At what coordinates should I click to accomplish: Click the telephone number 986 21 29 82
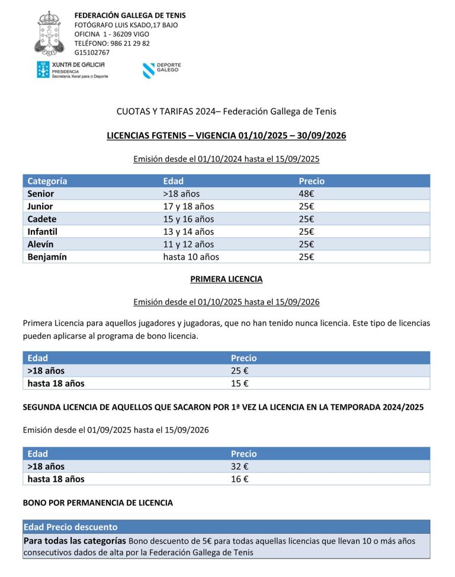pos(130,43)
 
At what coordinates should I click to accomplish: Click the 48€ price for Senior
pos(306,194)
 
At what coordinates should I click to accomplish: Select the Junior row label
pos(40,206)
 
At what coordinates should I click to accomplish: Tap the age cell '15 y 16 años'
pos(188,219)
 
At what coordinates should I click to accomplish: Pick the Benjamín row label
pos(47,257)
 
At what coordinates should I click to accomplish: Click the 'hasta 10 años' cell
pos(191,257)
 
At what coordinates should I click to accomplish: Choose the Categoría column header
pos(47,181)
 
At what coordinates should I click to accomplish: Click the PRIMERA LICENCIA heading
pos(226,279)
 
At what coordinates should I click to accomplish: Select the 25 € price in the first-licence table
pos(239,371)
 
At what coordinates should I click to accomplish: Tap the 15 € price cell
pos(239,383)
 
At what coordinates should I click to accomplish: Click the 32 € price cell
pos(239,466)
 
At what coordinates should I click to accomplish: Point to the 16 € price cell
pos(239,479)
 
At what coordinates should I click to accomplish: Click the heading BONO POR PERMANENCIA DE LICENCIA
pos(98,503)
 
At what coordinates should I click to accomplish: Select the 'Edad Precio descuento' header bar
pos(71,527)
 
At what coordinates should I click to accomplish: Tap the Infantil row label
pos(43,231)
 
